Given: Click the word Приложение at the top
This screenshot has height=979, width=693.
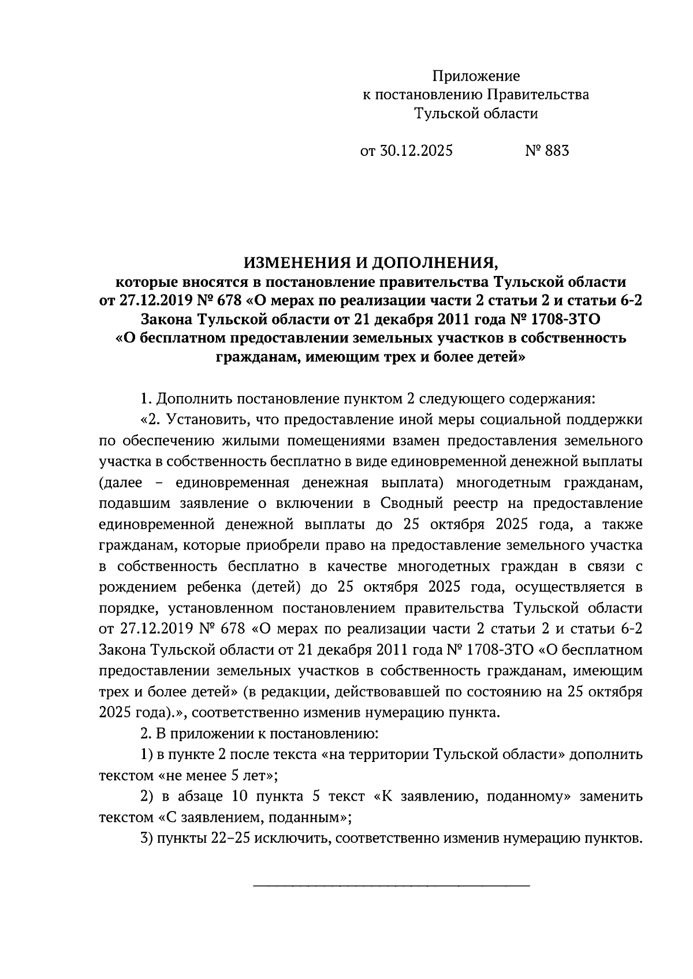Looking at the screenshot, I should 476,76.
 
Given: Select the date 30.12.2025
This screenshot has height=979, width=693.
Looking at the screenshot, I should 416,151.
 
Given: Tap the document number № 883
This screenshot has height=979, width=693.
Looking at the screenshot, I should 547,151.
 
